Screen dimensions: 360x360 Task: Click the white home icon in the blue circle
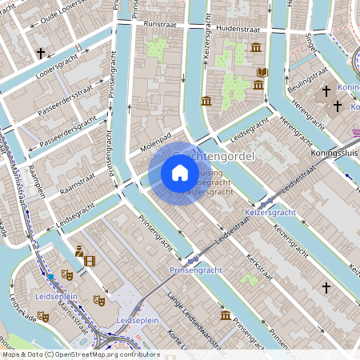coord(180,173)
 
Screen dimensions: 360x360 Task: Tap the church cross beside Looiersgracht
coord(40,54)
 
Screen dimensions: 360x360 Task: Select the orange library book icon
coord(262,73)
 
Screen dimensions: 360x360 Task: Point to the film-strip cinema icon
coord(89,260)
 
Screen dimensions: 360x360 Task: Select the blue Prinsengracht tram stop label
coord(195,271)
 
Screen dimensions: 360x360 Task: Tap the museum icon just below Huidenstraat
coord(255,49)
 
